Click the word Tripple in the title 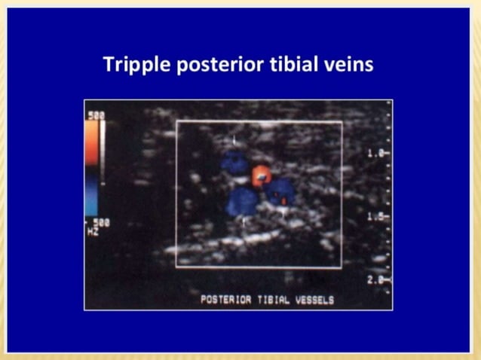(136, 64)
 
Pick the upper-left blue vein (234, 162)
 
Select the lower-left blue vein (243, 201)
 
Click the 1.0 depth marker (377, 154)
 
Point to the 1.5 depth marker (377, 217)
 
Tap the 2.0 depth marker (377, 279)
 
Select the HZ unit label (91, 231)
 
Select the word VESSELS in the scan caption (316, 299)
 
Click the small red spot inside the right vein (283, 200)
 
